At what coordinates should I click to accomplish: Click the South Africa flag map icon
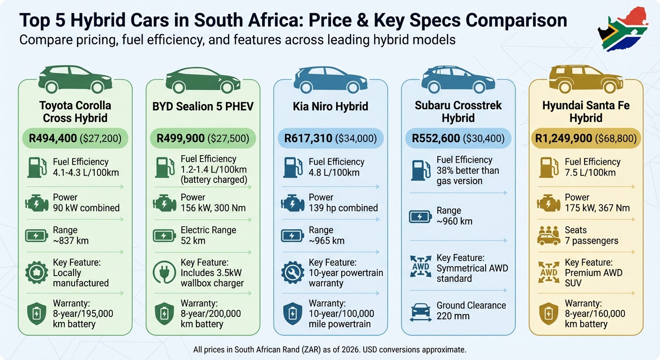623,29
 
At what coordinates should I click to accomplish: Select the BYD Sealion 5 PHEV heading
202,106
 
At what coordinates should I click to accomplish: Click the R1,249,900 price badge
586,138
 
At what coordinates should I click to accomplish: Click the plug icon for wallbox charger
165,273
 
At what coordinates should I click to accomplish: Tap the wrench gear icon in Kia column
292,273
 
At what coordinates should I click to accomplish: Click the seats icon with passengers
548,236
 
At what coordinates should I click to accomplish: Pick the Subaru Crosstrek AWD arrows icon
420,268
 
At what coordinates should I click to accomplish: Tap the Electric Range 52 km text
208,235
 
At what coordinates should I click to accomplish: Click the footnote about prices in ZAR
330,350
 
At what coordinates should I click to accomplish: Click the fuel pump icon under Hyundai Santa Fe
548,167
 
